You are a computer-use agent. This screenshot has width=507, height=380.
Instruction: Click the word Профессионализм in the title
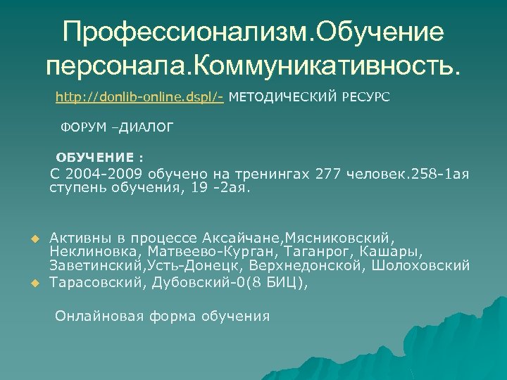coord(185,32)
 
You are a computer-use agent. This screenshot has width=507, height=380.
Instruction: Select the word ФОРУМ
coord(81,127)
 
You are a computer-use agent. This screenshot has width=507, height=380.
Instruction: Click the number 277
coord(331,174)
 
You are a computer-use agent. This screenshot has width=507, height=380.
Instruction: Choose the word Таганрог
coord(322,251)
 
